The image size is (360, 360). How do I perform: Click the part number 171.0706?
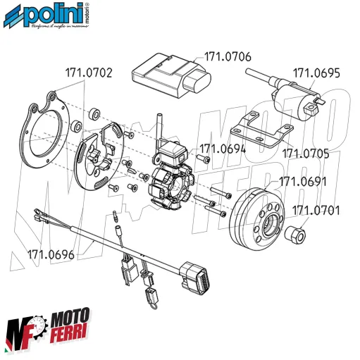pos(228,56)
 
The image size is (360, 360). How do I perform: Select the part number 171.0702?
pos(90,71)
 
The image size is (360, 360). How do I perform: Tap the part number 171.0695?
pos(316,72)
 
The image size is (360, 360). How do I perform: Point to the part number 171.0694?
pos(223,149)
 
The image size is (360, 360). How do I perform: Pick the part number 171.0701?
pos(316,209)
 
